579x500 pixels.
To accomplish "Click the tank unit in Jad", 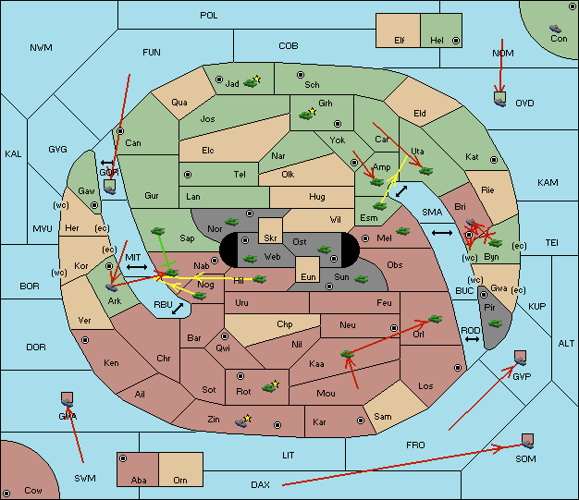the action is [x=251, y=83].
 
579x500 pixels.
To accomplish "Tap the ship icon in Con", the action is [x=555, y=29].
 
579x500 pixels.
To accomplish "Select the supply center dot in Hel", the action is [x=456, y=41].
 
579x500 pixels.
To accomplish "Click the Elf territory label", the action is [x=400, y=41].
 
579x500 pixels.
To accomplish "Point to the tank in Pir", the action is [x=495, y=324].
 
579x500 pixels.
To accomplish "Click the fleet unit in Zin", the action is [x=241, y=421].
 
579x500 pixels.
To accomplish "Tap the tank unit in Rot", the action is [x=269, y=387].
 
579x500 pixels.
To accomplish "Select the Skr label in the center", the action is [x=270, y=238].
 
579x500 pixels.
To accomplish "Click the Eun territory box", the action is [x=308, y=270].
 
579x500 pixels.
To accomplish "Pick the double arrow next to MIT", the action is [x=137, y=267].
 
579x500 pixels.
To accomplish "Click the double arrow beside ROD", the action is [x=472, y=339].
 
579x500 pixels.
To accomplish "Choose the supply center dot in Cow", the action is [x=6, y=494].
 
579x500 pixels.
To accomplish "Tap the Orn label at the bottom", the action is [x=180, y=480].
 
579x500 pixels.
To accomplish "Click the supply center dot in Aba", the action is [x=123, y=458].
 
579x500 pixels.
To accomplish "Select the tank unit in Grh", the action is [x=306, y=115].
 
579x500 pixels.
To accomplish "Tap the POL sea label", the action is [x=209, y=16].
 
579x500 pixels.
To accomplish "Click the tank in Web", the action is [x=250, y=259].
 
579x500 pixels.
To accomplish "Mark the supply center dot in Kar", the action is [x=361, y=421].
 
